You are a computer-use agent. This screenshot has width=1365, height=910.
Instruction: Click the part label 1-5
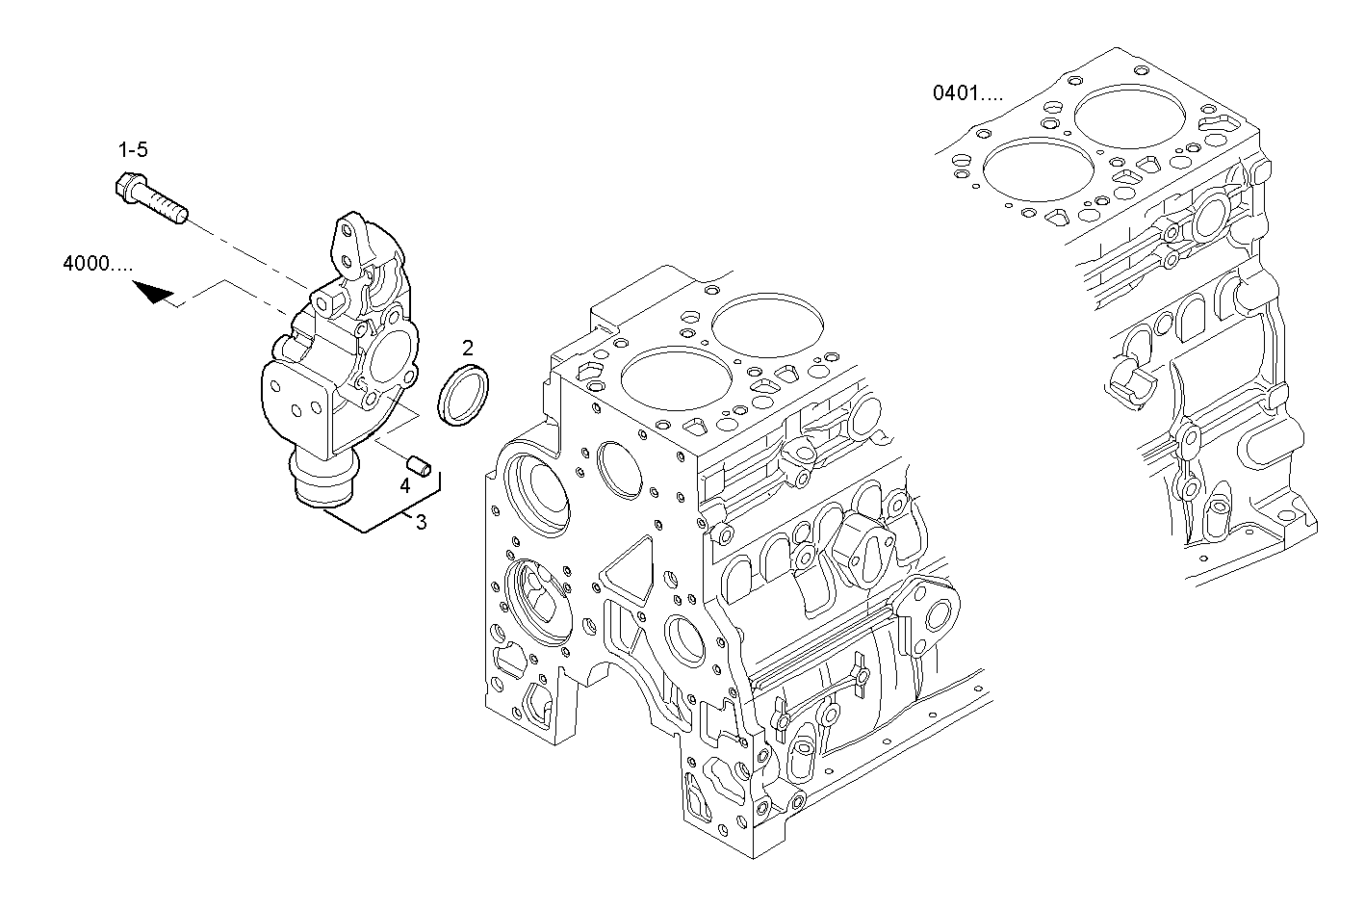(x=133, y=149)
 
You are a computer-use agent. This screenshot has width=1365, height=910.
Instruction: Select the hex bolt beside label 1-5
(x=150, y=196)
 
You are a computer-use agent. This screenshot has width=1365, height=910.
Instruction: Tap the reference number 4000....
(x=97, y=263)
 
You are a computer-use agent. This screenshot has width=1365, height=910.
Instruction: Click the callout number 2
(x=467, y=347)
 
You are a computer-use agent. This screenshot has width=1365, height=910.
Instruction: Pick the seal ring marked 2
(x=464, y=395)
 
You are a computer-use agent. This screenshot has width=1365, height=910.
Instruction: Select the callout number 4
(x=405, y=486)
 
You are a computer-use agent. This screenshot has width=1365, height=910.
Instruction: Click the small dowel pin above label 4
(x=418, y=464)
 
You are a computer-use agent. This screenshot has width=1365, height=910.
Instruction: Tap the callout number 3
(x=421, y=521)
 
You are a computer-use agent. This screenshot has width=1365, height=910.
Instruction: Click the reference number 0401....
(x=967, y=93)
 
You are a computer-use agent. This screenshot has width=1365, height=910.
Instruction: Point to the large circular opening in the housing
(x=388, y=358)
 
